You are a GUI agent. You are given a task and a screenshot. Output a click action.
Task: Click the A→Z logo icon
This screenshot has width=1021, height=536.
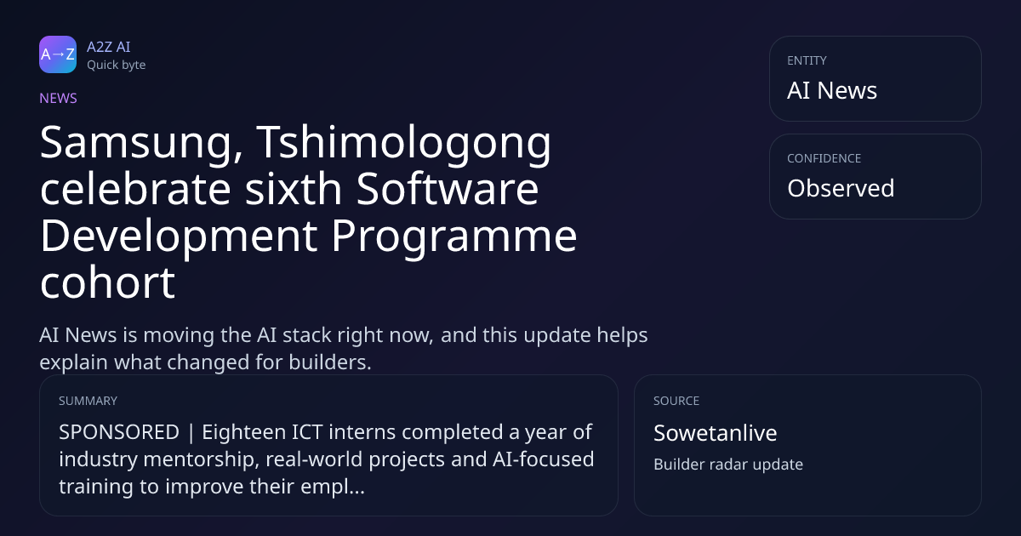pos(58,54)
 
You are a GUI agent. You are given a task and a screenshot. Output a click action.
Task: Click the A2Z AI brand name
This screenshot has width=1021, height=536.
pos(109,47)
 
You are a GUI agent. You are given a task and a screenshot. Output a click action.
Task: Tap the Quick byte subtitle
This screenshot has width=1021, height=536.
pos(117,66)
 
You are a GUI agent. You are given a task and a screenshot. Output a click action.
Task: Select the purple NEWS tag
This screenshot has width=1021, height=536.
pos(59,99)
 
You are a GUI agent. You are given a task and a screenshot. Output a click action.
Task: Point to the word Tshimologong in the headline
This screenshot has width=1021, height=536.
pos(404,143)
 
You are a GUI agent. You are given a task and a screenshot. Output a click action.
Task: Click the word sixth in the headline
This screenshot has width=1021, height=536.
pos(293,189)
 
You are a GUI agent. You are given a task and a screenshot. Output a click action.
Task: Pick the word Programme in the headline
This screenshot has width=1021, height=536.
pos(454,237)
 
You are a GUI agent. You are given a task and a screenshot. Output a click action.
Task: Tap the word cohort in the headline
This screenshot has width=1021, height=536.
pos(107,282)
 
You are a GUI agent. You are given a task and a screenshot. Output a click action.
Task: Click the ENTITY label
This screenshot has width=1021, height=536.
pos(807,60)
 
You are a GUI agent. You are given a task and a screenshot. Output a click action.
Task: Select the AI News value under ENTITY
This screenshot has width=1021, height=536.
pos(832,90)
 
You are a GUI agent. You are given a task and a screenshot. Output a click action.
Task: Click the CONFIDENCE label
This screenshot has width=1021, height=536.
pos(824,158)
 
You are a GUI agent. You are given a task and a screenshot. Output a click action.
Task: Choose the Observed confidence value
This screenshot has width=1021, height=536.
pos(841,188)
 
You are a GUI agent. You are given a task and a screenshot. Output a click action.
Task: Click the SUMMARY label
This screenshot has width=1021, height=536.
pos(88,401)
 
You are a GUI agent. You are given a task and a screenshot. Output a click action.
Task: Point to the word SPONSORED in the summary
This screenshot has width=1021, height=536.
pos(119,432)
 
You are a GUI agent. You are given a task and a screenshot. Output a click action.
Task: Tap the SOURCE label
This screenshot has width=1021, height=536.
pos(676,401)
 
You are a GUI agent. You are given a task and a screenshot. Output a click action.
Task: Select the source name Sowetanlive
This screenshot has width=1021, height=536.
pos(716,433)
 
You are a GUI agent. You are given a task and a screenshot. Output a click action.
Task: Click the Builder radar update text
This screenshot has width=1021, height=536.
pos(728,465)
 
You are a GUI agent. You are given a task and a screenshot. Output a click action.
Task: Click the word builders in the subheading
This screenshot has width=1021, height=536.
pos(330,362)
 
